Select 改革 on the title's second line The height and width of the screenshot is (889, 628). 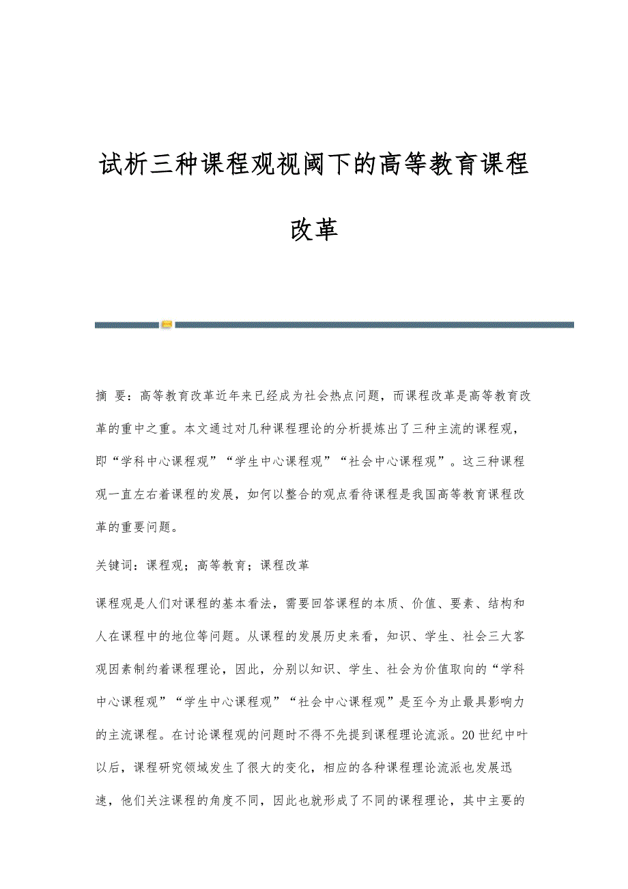point(314,230)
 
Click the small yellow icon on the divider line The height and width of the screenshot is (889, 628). point(167,325)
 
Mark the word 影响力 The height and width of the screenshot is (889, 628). point(509,702)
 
